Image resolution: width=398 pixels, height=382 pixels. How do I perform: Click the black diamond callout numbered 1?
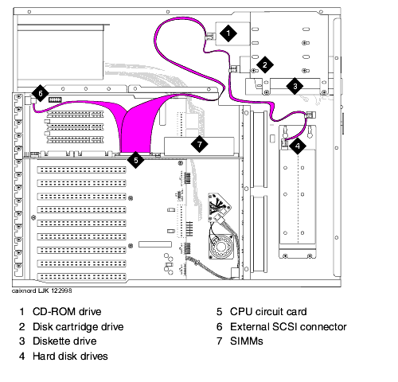click(228, 33)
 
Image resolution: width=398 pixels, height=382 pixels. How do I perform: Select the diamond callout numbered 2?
click(265, 64)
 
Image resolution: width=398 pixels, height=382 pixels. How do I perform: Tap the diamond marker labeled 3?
click(295, 86)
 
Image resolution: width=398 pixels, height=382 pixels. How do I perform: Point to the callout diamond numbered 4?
click(298, 146)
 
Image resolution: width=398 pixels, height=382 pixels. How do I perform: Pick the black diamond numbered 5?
click(135, 160)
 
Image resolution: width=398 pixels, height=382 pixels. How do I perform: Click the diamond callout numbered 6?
click(41, 93)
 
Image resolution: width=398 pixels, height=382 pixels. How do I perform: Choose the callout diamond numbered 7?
click(199, 144)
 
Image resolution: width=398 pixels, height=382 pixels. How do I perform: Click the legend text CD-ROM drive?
click(67, 312)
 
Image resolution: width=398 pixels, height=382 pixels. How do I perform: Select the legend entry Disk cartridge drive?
click(78, 327)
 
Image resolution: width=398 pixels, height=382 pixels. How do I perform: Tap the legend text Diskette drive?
click(64, 341)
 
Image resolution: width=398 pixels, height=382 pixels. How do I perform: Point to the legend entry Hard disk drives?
click(70, 357)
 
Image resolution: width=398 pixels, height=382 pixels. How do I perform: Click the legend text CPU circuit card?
click(268, 312)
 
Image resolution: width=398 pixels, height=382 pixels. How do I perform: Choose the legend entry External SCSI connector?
click(288, 327)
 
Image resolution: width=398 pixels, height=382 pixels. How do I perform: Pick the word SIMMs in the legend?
click(247, 341)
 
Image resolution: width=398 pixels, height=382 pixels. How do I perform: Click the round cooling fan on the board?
click(221, 247)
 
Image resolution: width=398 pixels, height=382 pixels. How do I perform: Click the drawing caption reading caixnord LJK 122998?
click(41, 290)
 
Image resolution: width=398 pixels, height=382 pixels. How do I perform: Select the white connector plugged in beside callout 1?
click(209, 37)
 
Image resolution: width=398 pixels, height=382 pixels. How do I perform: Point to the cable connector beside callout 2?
click(232, 69)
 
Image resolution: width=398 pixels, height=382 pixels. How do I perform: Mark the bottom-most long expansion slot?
click(81, 277)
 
